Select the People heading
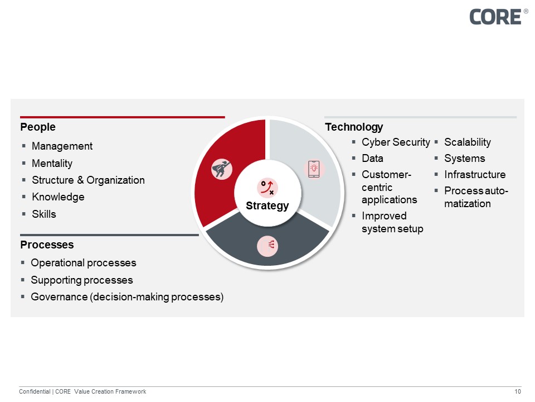(x=38, y=127)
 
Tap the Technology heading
(x=354, y=127)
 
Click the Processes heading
(x=47, y=245)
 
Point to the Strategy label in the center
(x=267, y=205)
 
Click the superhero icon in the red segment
(x=222, y=169)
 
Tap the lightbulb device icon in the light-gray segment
(x=314, y=169)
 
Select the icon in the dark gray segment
(x=267, y=246)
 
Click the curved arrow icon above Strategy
(x=267, y=187)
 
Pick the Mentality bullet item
(x=52, y=163)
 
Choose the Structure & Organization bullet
(x=88, y=180)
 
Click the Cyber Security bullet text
(x=396, y=142)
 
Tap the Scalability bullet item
(x=467, y=142)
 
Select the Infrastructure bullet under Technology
(x=475, y=174)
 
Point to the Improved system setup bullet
(x=392, y=222)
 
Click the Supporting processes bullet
(x=82, y=280)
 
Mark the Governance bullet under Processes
(x=127, y=296)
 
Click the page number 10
(x=518, y=391)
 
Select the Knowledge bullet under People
(x=58, y=197)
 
